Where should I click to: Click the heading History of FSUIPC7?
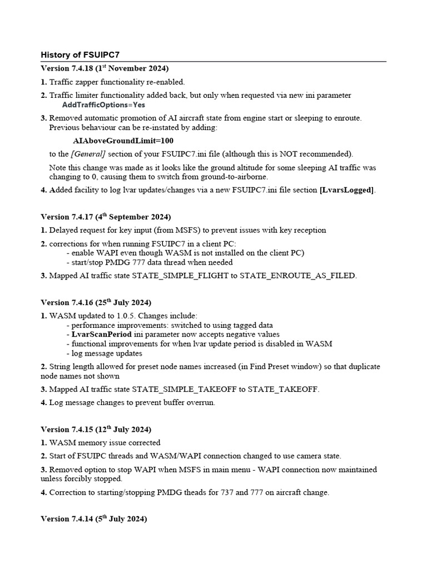80,54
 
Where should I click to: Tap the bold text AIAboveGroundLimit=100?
123,141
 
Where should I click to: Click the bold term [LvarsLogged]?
347,190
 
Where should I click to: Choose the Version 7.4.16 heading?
96,302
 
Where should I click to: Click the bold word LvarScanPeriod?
102,335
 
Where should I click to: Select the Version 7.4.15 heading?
96,430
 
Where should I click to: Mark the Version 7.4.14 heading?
94,519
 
